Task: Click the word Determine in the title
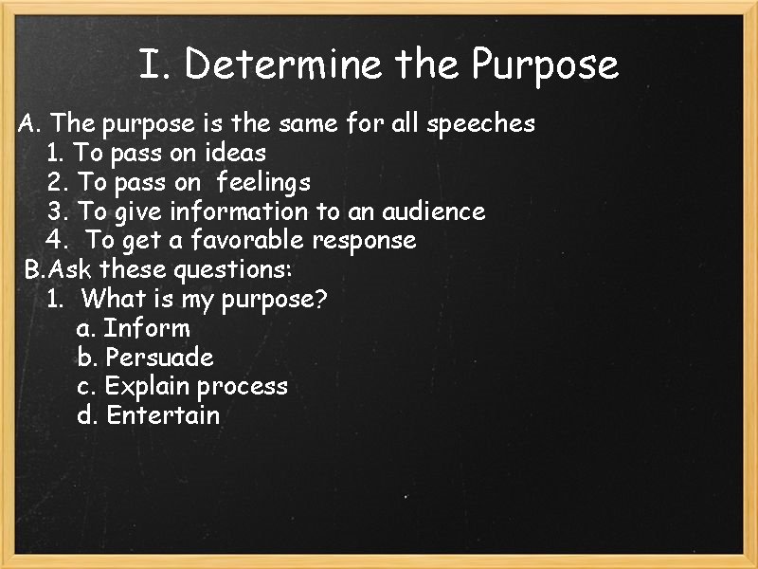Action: [x=284, y=65]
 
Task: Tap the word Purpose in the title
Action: [x=545, y=65]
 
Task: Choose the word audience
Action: [x=434, y=211]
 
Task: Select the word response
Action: [x=364, y=241]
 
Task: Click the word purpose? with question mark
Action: [x=275, y=300]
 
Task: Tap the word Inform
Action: [x=147, y=329]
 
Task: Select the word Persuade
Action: [x=160, y=358]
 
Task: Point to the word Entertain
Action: [x=163, y=415]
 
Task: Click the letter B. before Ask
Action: [x=34, y=270]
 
